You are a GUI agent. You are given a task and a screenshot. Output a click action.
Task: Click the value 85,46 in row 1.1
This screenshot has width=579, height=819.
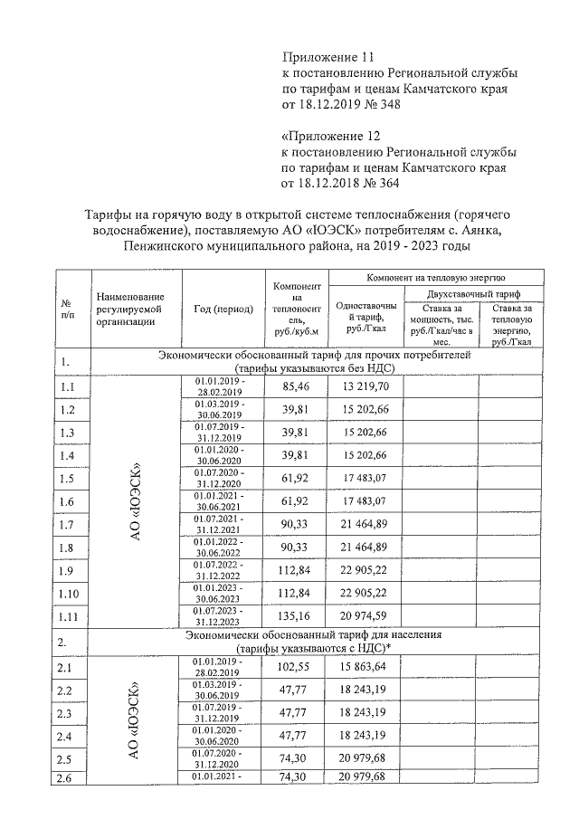click(x=295, y=386)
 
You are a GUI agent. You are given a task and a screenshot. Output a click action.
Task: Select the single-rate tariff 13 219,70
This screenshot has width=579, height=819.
click(x=365, y=386)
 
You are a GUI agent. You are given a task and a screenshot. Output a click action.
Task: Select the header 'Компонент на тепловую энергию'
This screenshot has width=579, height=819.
click(x=435, y=277)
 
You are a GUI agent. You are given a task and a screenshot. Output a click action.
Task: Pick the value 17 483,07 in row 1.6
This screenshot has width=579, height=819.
click(x=365, y=501)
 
